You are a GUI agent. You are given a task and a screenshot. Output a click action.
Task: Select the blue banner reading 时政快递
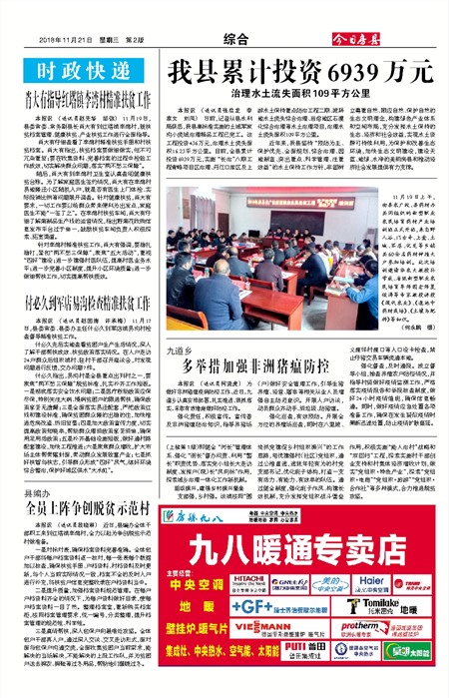pos(79,73)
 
